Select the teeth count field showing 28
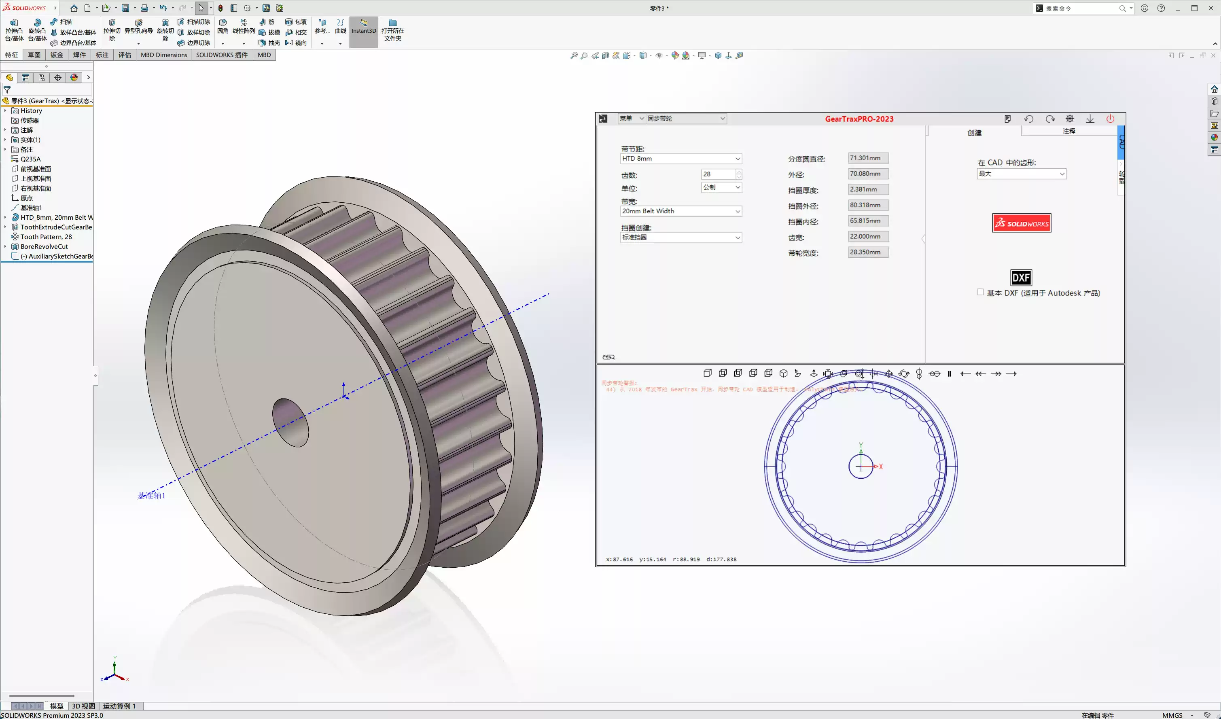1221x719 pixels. click(718, 174)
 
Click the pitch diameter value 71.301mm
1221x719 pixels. click(868, 158)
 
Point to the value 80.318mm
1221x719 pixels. click(868, 205)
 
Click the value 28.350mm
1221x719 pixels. click(868, 252)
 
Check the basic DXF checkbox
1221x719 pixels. click(980, 292)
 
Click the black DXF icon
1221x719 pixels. click(1020, 278)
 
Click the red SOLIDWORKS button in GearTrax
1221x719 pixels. click(1022, 223)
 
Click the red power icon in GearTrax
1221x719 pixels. click(1110, 119)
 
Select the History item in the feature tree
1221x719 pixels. click(31, 110)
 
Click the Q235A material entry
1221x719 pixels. click(30, 159)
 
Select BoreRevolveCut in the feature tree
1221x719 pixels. click(44, 246)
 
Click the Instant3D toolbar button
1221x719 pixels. click(363, 30)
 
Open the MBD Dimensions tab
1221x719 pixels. click(164, 55)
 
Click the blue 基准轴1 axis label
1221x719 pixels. click(152, 495)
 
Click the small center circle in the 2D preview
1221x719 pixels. click(861, 467)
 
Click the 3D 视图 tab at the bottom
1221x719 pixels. click(83, 706)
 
